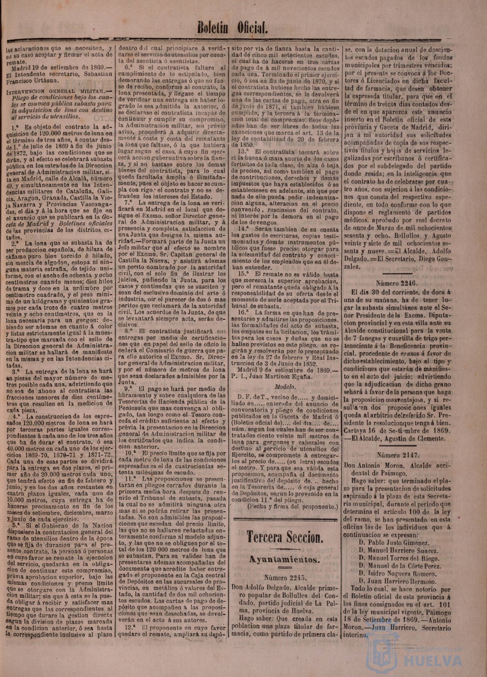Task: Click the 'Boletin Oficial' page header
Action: click(232, 28)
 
